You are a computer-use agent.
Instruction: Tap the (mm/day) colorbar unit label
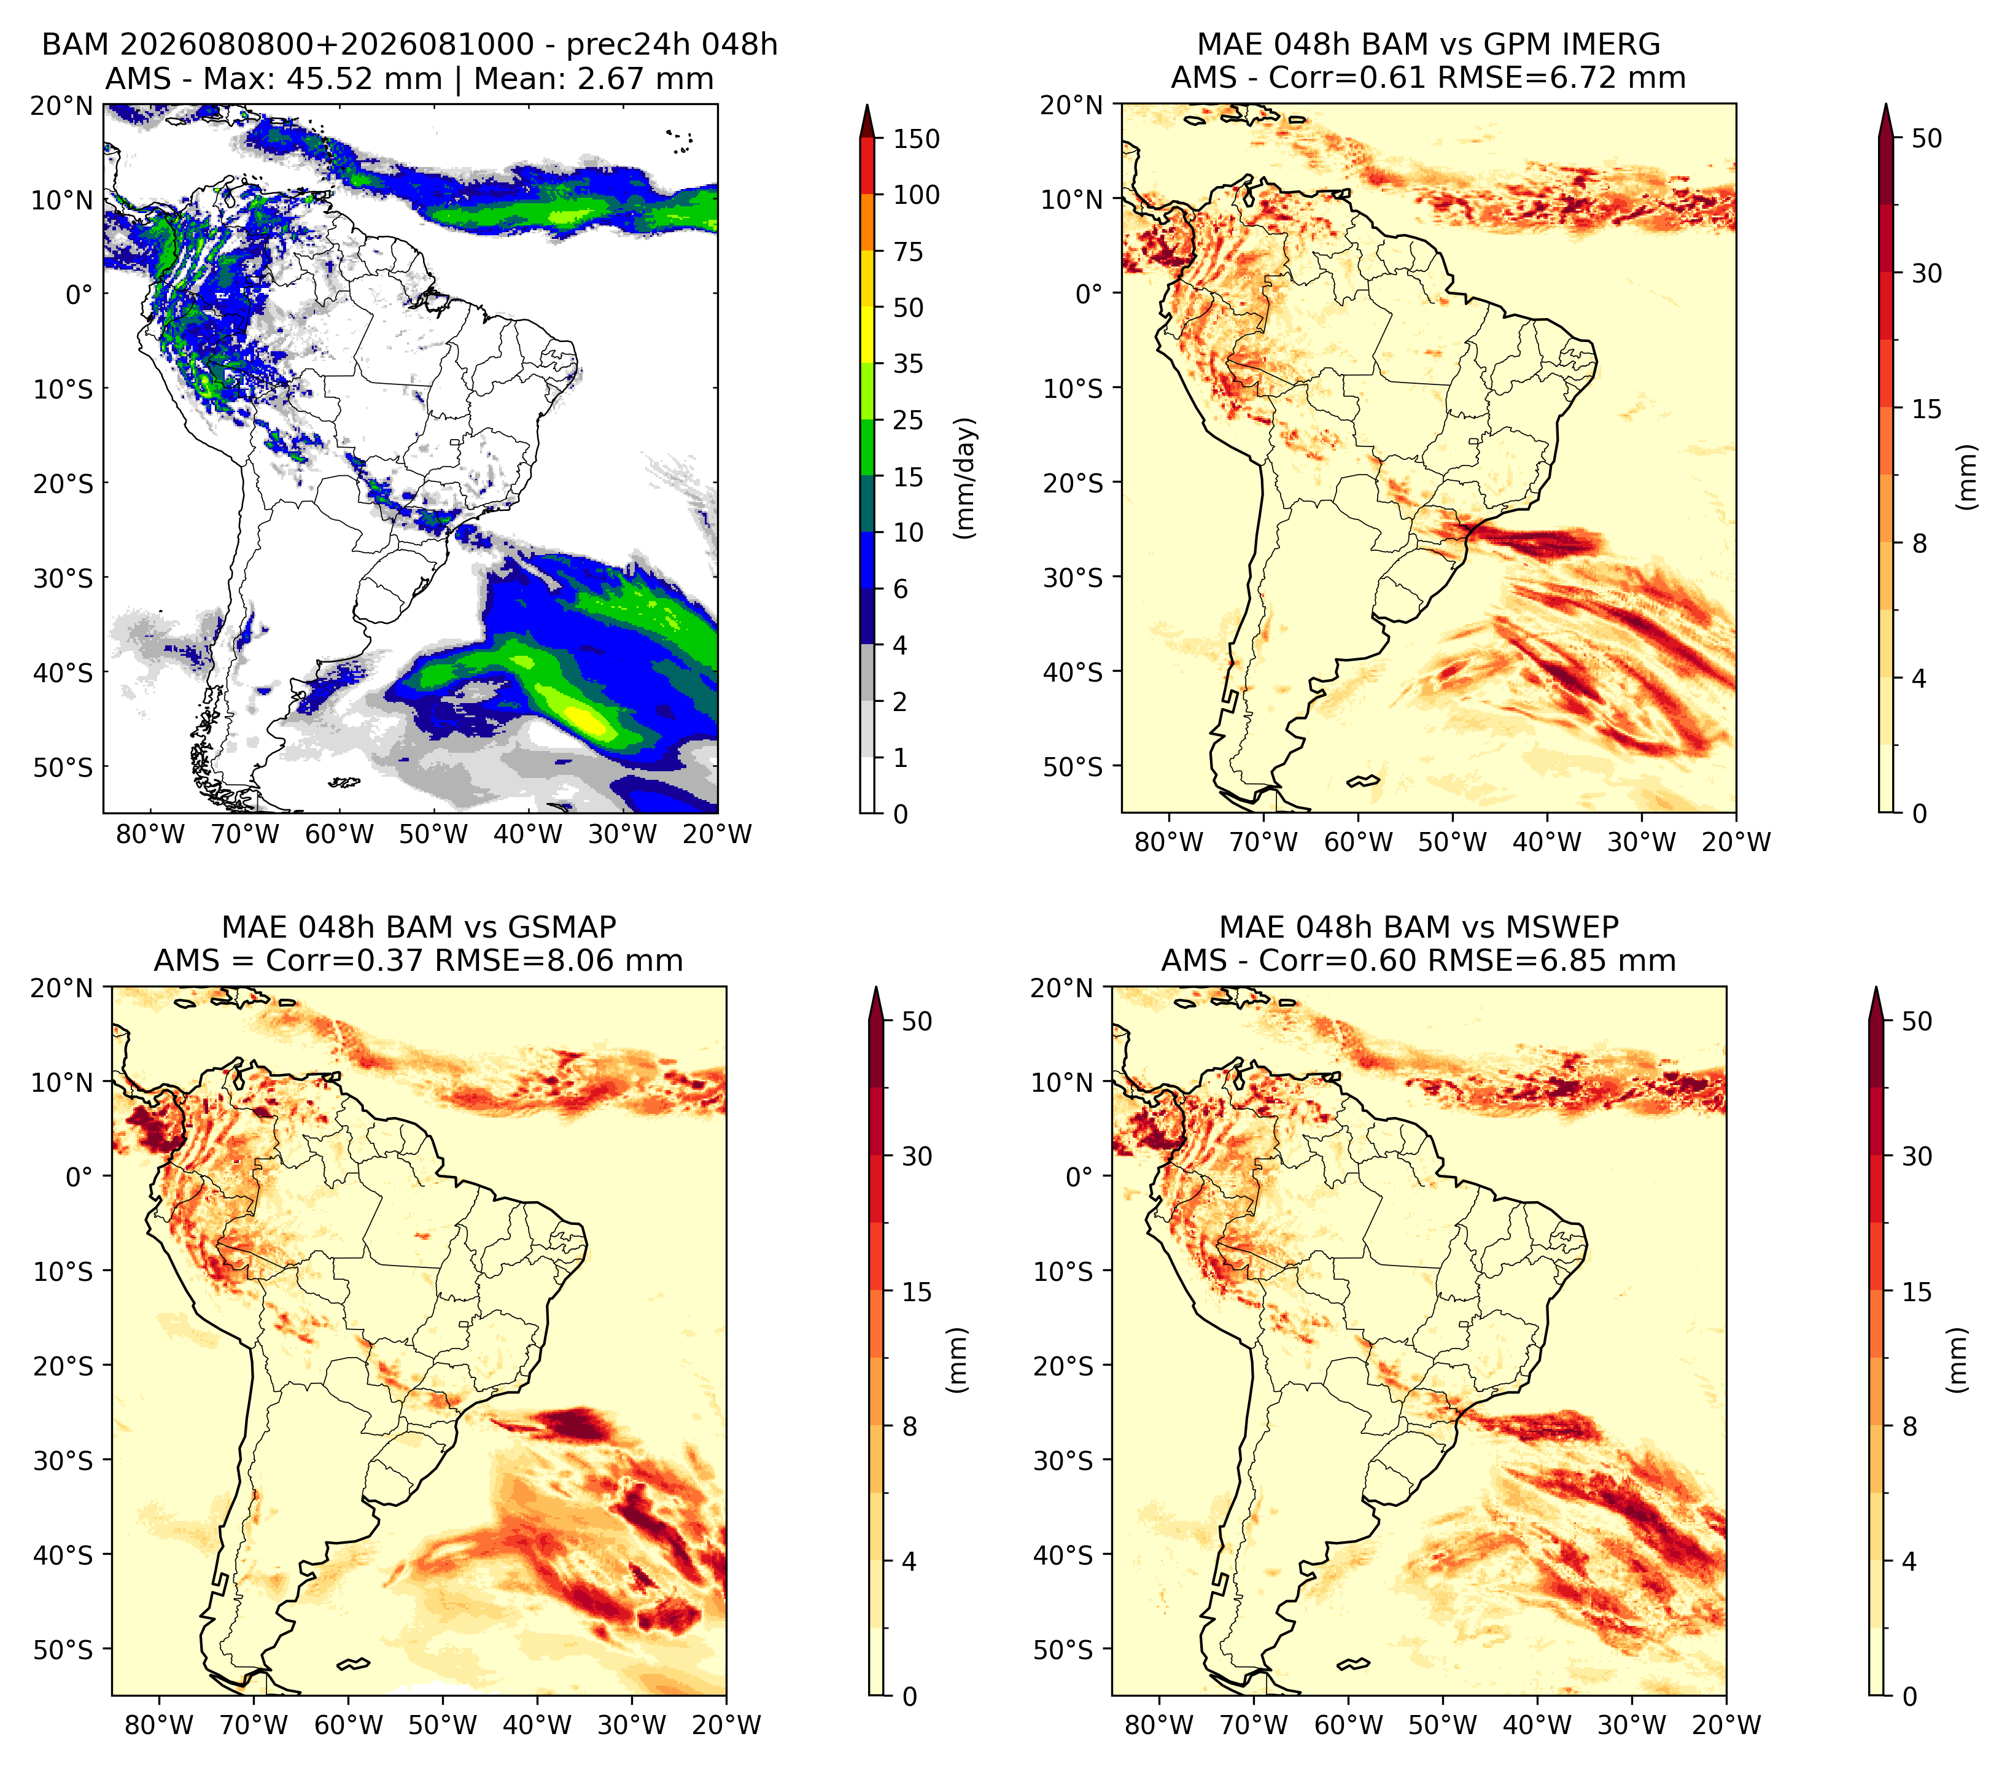tap(967, 478)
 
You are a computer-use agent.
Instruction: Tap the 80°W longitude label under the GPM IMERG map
tap(1169, 842)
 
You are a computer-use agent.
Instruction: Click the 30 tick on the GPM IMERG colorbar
tap(1927, 273)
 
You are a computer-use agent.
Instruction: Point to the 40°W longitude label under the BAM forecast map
tap(527, 835)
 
